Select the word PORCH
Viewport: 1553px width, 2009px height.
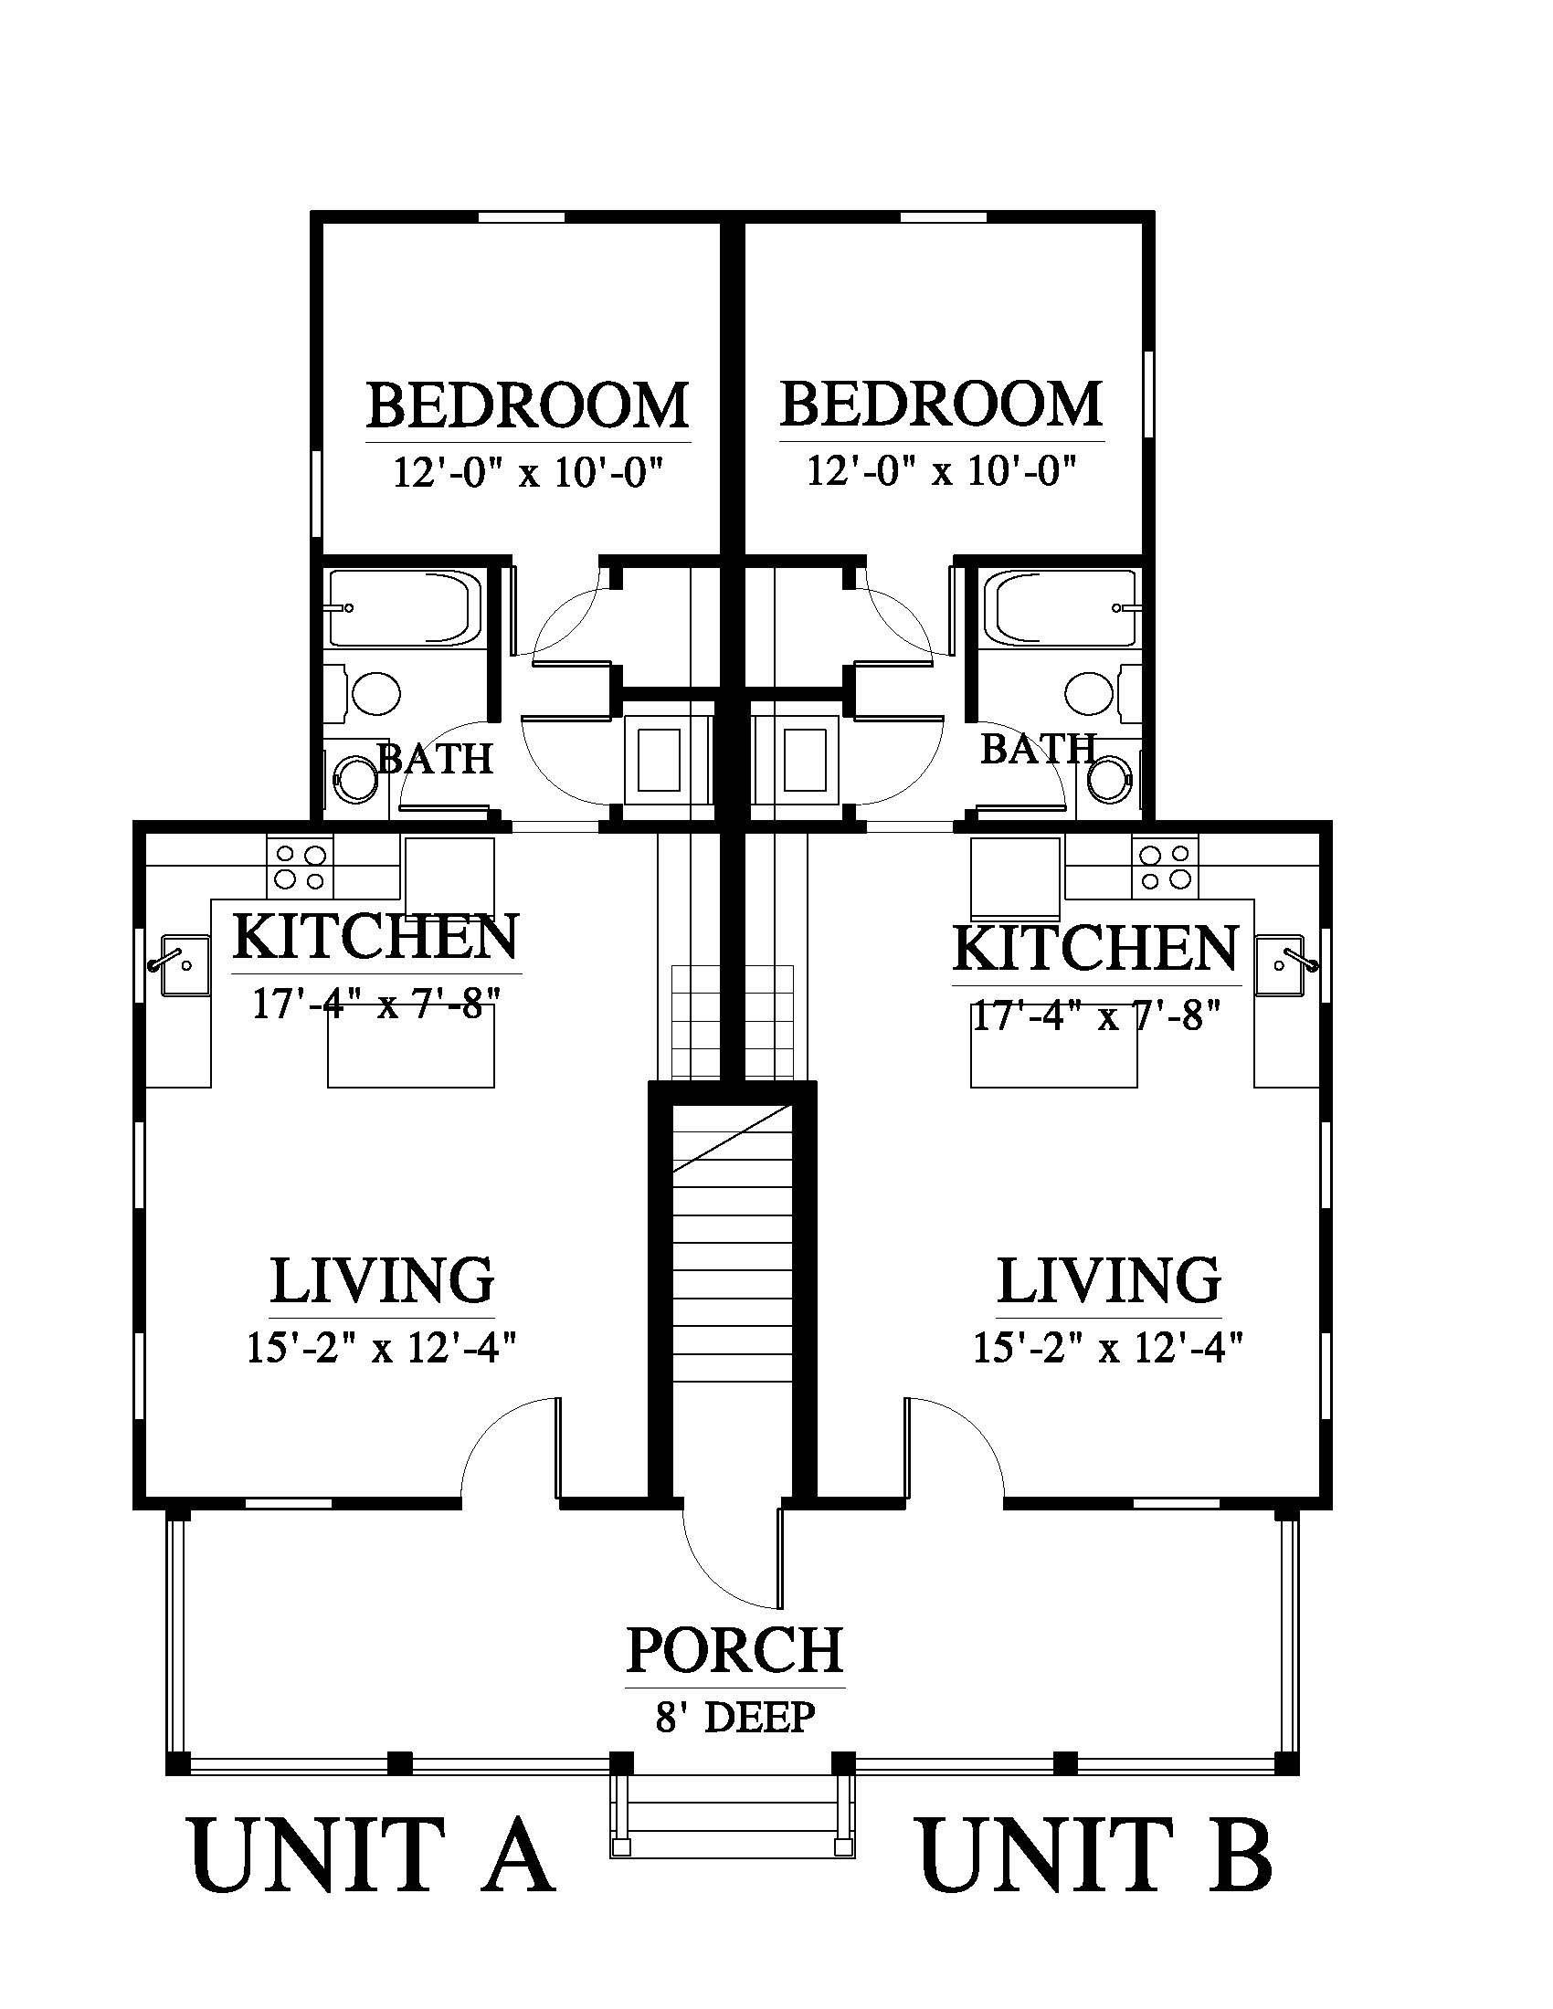734,1649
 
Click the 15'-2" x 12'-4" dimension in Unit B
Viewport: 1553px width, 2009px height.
1109,1349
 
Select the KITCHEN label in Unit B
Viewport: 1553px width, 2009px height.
1095,949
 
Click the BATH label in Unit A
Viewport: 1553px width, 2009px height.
435,759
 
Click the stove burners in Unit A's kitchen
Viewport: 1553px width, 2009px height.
301,867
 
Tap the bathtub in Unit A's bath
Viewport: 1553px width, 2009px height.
406,608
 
